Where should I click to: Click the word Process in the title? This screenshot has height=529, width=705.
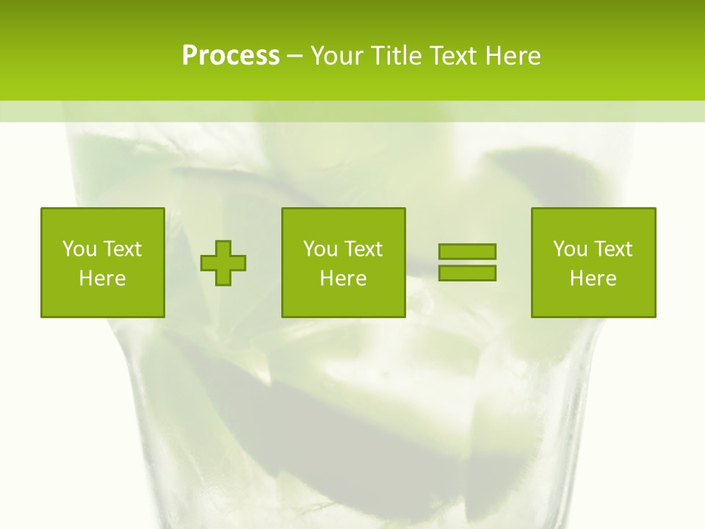(x=231, y=56)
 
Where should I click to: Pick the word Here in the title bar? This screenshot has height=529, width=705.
(x=513, y=56)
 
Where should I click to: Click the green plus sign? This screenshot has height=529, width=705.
(x=223, y=262)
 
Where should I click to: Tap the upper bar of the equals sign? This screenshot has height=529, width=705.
(x=467, y=251)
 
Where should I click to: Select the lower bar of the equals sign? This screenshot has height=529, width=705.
(x=467, y=273)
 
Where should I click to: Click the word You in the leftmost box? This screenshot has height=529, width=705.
(x=79, y=249)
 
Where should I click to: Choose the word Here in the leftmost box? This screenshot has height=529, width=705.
(x=102, y=278)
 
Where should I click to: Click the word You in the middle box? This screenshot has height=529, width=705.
(x=320, y=249)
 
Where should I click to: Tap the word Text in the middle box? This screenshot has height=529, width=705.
(x=363, y=249)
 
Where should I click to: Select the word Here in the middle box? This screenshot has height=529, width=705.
(x=343, y=278)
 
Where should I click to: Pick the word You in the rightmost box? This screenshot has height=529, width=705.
(x=570, y=249)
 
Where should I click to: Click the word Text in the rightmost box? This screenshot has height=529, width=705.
(x=612, y=249)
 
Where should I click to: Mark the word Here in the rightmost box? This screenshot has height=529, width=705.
(x=593, y=278)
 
